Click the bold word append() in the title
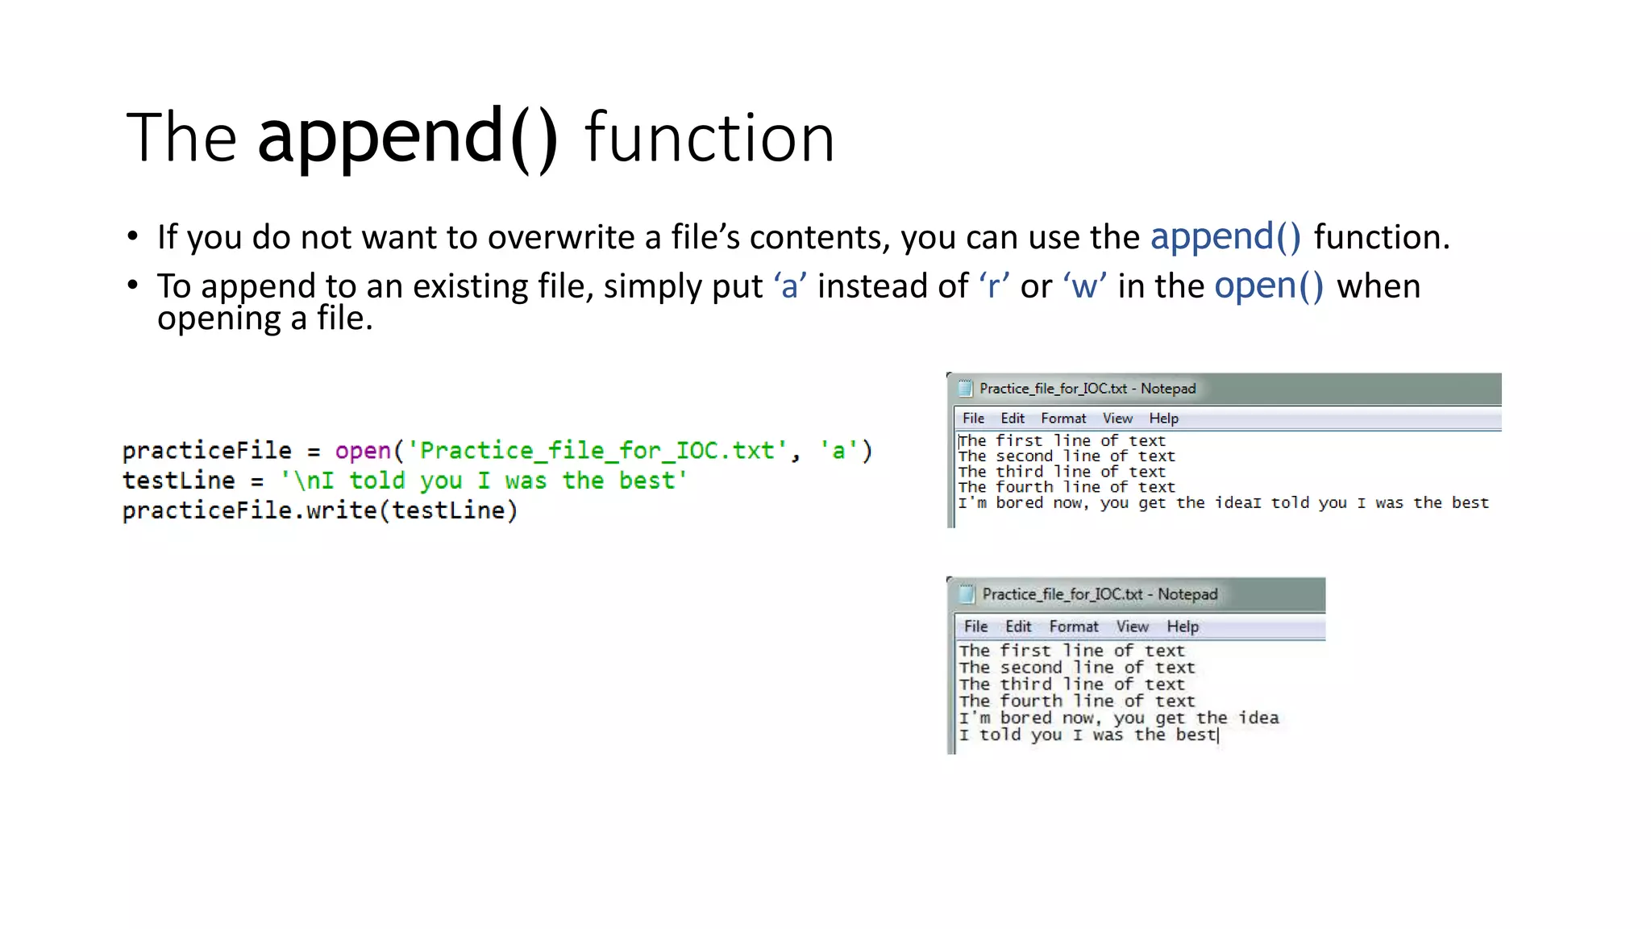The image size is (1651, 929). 407,137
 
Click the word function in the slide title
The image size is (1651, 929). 709,139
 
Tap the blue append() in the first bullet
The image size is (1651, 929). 1225,237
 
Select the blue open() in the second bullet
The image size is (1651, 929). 1269,286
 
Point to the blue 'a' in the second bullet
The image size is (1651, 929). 790,287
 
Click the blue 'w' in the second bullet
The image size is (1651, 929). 1084,287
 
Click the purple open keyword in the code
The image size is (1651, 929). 363,451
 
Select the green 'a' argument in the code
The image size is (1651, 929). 838,451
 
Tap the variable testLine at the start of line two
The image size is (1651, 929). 179,481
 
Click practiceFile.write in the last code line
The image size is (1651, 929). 250,510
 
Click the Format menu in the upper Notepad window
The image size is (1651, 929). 1063,419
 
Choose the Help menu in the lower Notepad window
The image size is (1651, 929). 1183,627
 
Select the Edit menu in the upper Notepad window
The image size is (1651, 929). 1013,419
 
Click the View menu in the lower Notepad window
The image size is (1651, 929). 1132,627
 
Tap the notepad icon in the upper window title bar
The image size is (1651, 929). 965,389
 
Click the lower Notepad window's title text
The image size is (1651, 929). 1100,594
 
